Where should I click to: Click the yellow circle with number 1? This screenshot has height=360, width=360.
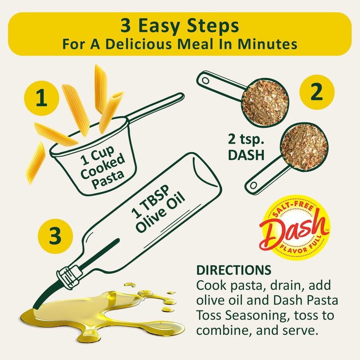tap(41, 99)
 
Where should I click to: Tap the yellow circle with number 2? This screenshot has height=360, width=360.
tap(317, 93)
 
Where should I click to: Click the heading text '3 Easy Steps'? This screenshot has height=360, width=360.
tap(180, 26)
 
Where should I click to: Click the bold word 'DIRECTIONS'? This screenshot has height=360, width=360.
tap(233, 271)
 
